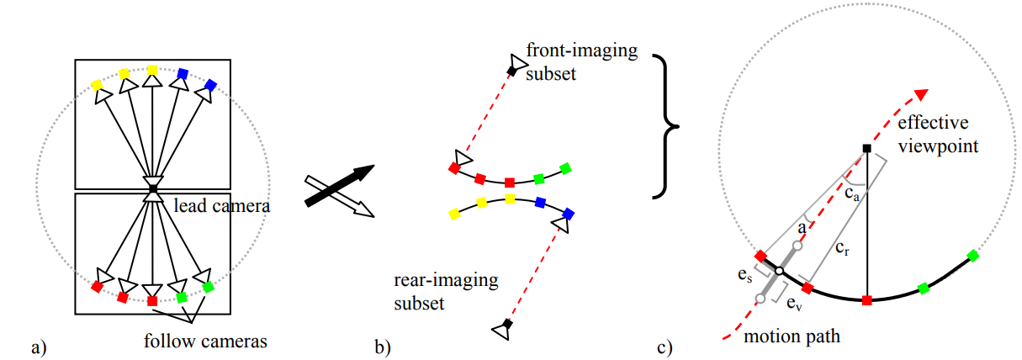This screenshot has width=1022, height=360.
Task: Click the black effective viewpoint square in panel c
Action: point(866,149)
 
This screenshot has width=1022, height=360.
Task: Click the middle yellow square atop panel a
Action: point(152,70)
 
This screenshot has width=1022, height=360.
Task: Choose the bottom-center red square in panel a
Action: point(152,300)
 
